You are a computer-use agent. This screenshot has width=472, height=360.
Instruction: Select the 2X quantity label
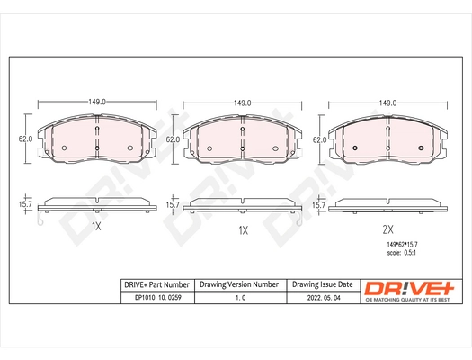(x=387, y=229)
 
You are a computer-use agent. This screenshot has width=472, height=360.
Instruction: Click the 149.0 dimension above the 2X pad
(x=387, y=103)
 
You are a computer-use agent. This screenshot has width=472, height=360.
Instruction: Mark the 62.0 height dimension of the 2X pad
(x=318, y=140)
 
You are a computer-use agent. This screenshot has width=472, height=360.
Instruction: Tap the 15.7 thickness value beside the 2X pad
(x=318, y=205)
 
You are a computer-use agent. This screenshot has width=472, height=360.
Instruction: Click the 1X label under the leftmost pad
(x=96, y=228)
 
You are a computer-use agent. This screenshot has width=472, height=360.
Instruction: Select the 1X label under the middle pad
(x=242, y=230)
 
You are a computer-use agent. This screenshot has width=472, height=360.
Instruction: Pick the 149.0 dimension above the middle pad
(x=242, y=103)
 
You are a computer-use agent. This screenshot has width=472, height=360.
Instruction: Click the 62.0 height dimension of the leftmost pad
(x=26, y=139)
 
